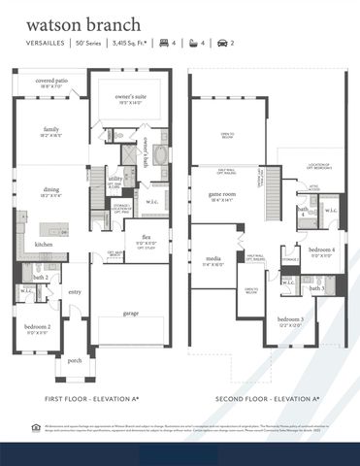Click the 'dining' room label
[50, 192]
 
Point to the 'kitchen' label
[45, 246]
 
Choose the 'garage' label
[130, 314]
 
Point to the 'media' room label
[213, 258]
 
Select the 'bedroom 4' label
[321, 250]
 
